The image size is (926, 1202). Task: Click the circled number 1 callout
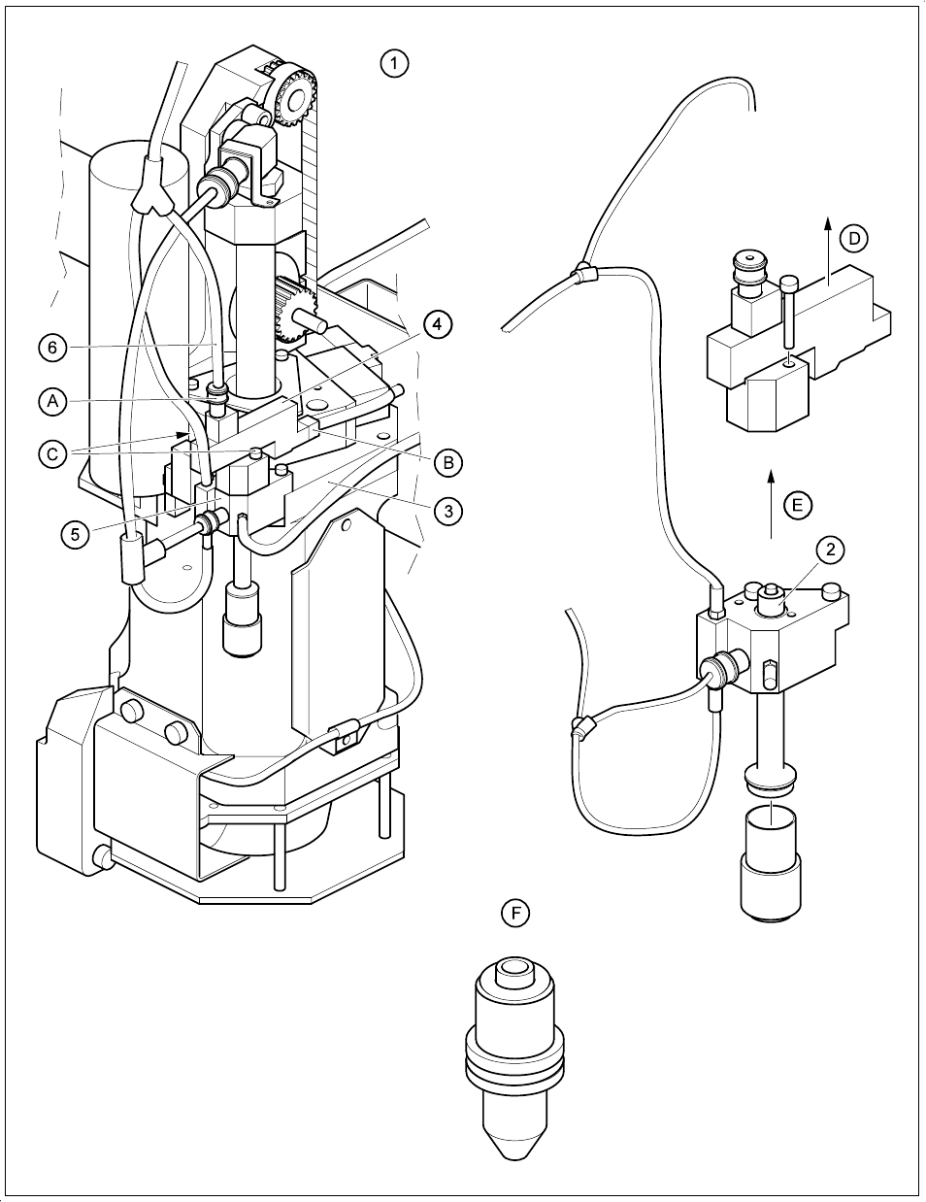(393, 64)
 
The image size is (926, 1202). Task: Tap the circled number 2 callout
(829, 551)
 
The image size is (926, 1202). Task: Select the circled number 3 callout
(447, 511)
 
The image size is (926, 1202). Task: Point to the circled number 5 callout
(75, 533)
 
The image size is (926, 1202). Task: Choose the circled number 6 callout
(54, 347)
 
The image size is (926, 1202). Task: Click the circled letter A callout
(54, 400)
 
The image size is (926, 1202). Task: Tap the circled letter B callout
(447, 462)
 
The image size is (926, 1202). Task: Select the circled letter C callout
(54, 452)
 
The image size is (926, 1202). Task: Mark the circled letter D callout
(853, 238)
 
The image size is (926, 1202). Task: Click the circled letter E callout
(797, 505)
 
